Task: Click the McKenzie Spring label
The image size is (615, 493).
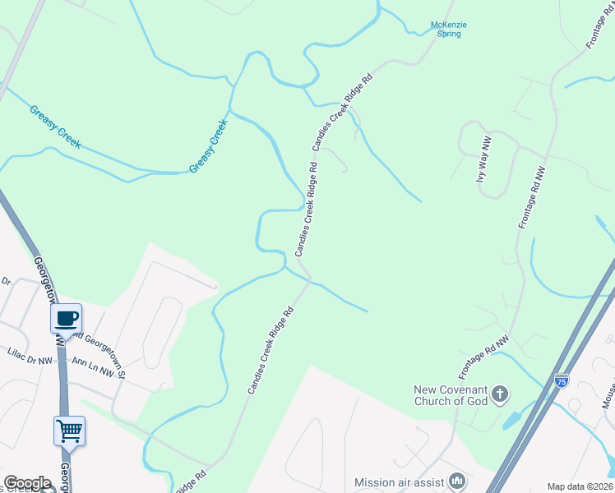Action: [448, 30]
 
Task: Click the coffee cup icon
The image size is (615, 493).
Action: [66, 318]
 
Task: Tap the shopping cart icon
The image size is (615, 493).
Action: [69, 430]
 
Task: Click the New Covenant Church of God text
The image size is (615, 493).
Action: [451, 395]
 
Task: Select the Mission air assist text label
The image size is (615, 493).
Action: [399, 482]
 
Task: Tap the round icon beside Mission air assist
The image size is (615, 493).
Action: [458, 481]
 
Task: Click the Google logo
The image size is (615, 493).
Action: [28, 483]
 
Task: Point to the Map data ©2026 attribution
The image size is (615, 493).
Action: [580, 486]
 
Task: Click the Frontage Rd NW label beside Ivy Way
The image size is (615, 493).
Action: [531, 197]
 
